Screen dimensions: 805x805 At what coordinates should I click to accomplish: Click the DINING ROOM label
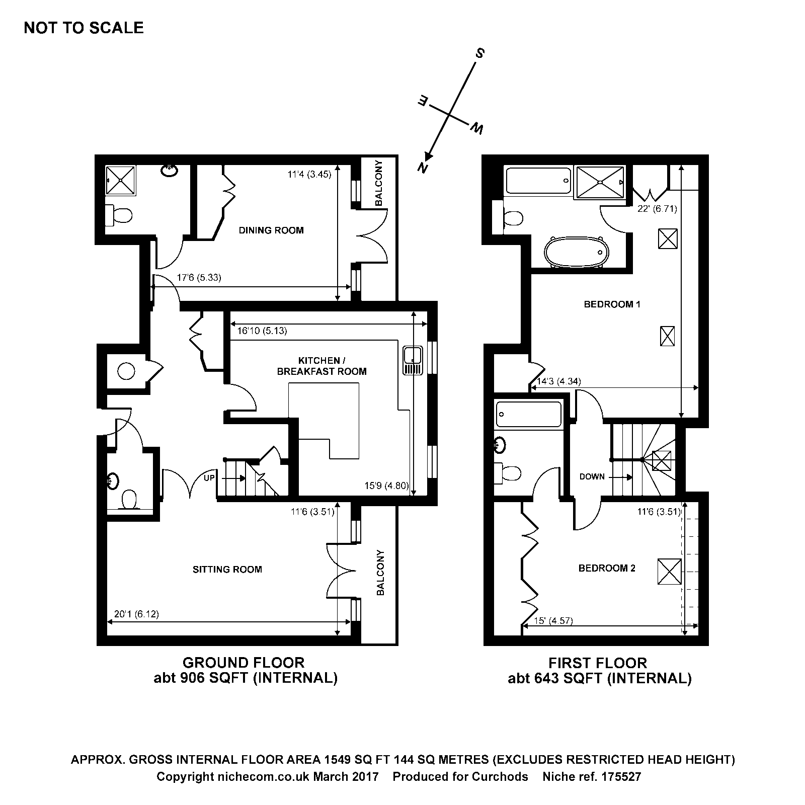tap(271, 230)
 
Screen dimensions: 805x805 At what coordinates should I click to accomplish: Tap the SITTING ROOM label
tap(227, 570)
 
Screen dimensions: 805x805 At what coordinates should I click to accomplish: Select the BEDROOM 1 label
tap(612, 304)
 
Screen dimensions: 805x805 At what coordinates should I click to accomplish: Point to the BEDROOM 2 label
tap(607, 569)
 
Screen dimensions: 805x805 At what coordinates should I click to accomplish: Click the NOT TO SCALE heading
tap(84, 28)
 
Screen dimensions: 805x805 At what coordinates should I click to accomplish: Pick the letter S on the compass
tap(480, 53)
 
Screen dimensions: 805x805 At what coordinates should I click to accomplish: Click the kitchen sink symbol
tap(412, 360)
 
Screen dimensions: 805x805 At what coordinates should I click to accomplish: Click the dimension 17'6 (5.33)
tap(199, 277)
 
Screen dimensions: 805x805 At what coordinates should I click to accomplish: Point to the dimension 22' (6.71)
tap(657, 209)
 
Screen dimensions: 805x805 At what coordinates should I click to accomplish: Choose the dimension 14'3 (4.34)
tap(558, 381)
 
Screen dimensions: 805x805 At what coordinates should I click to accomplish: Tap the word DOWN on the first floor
tap(592, 476)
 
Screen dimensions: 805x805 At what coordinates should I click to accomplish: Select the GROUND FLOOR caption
tap(244, 663)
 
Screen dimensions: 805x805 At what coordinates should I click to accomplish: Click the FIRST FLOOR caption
tap(598, 663)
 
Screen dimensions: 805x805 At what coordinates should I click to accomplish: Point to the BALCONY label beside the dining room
tap(379, 183)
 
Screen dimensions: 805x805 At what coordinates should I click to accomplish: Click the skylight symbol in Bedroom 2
tap(669, 571)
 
